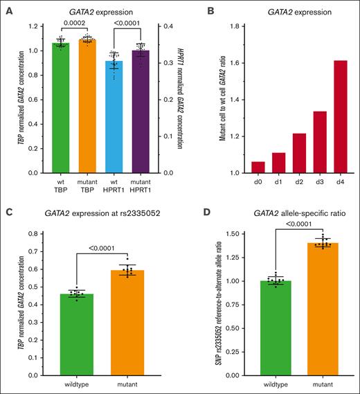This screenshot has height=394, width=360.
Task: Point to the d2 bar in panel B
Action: click(279, 152)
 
